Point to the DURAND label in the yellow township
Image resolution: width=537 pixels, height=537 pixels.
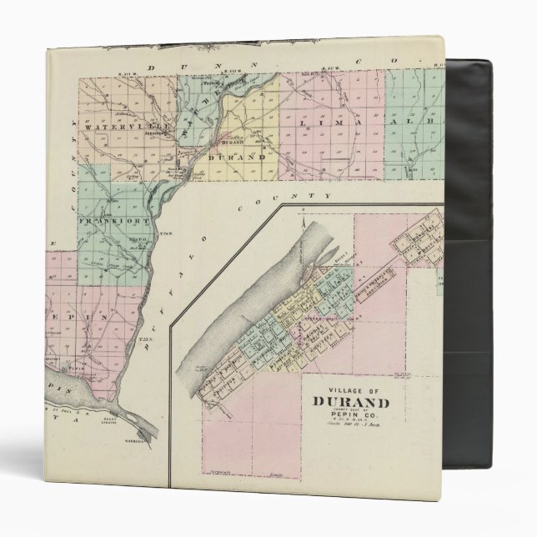tap(236, 155)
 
